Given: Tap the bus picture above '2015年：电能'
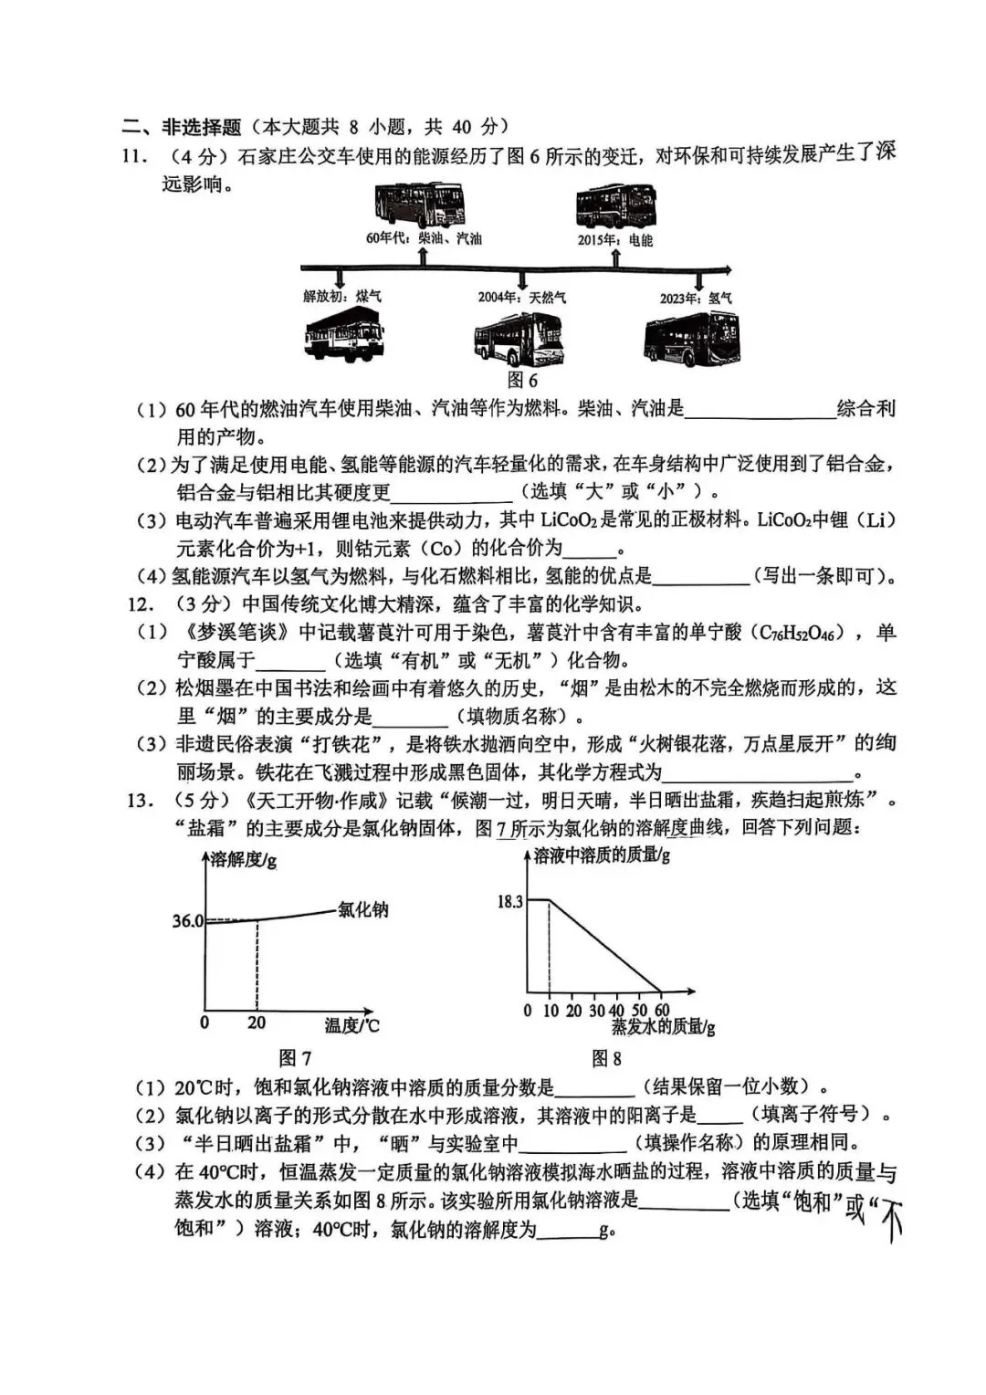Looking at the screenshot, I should click(x=614, y=208).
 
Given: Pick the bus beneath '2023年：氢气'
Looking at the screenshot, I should click(x=691, y=340).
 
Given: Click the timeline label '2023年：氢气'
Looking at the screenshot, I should click(x=696, y=299).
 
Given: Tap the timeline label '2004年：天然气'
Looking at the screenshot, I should click(x=522, y=298).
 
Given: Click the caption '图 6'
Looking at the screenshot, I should click(x=522, y=380).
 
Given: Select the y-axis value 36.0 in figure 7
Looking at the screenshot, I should click(x=188, y=921).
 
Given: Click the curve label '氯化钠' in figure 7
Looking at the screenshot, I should click(x=362, y=909).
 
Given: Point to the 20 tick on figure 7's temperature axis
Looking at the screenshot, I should click(x=257, y=1023).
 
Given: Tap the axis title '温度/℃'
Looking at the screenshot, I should click(x=351, y=1025).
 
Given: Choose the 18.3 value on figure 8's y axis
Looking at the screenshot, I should click(x=509, y=902).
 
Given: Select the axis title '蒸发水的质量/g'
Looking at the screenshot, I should click(x=663, y=1027).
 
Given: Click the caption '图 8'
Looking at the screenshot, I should click(x=606, y=1058).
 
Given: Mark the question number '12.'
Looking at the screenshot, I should click(x=138, y=604).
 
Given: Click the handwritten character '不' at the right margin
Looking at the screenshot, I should click(x=889, y=1219).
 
